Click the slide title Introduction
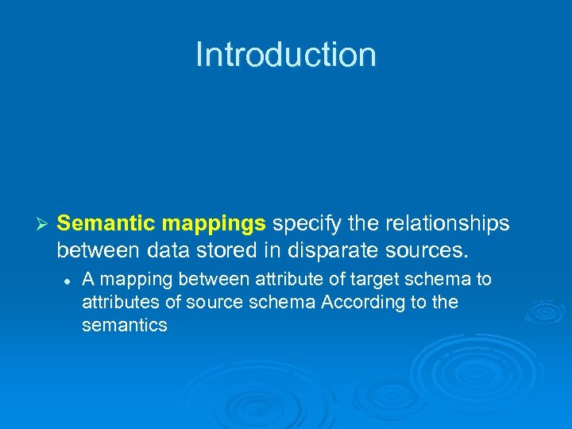(285, 55)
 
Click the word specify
(306, 225)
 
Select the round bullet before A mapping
(69, 280)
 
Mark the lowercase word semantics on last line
(125, 325)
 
